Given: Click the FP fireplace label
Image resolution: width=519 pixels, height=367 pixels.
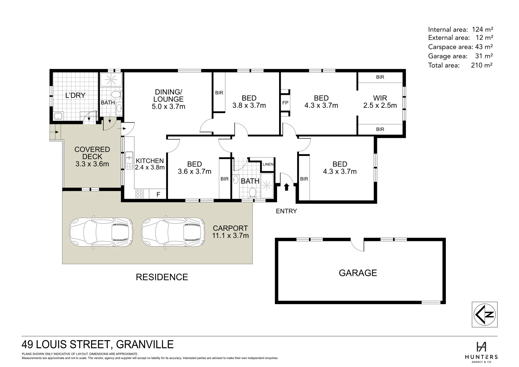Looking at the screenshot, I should (x=284, y=103).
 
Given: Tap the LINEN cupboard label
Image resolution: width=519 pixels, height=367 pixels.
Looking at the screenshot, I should (x=268, y=164).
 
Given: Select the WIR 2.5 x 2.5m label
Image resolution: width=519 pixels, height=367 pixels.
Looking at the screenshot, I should (x=380, y=102).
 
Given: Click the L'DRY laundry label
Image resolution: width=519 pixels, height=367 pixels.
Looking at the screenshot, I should (x=75, y=95).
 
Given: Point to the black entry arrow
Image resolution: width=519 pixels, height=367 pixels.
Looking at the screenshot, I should (x=286, y=186).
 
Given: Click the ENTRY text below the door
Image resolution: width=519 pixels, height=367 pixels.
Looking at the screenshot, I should (x=286, y=211).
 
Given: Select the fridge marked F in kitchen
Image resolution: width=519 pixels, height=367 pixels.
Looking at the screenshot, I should (x=158, y=195).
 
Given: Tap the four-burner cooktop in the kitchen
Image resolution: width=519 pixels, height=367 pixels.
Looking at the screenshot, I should (x=140, y=194).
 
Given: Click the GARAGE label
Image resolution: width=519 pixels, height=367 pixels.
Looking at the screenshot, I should (x=358, y=273).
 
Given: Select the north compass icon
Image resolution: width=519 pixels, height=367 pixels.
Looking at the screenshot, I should (x=485, y=315).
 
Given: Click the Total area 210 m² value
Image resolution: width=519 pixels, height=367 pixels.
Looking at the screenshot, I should (x=482, y=65).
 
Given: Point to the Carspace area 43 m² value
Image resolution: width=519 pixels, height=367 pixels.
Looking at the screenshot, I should (x=484, y=47).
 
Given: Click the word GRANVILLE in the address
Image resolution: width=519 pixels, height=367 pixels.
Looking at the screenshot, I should (x=145, y=345).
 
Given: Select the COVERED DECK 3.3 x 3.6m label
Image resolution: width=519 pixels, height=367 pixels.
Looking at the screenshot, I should (x=92, y=157).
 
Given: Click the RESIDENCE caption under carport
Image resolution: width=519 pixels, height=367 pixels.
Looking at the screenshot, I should (x=162, y=277).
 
